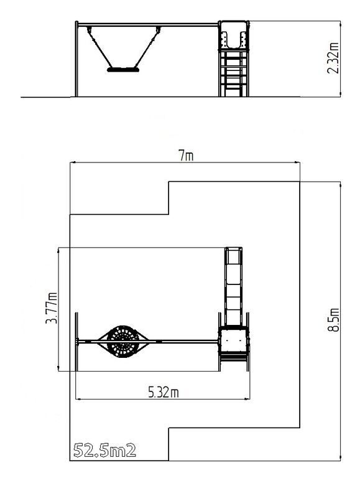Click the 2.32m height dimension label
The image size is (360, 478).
coord(333,58)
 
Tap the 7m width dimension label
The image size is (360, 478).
coord(186,156)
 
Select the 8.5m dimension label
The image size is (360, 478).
coord(333,320)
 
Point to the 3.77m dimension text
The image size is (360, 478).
coord(51,308)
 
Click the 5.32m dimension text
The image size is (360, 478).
coord(164,392)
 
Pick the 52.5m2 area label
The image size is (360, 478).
coord(104,451)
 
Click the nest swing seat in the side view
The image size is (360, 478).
coord(123,70)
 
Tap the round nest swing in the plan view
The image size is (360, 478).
coord(123,342)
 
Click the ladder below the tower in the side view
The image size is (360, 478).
coord(234,73)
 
